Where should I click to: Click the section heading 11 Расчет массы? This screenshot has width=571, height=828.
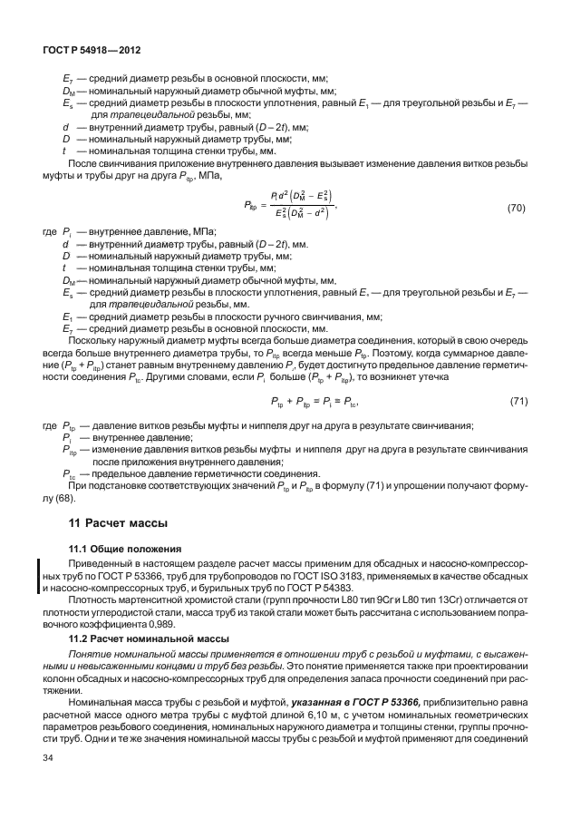click(116, 523)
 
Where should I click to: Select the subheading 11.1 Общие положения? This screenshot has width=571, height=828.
click(126, 550)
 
